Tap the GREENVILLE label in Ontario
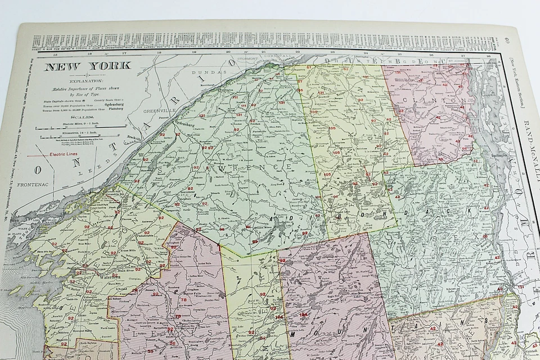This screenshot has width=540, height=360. (x=156, y=111)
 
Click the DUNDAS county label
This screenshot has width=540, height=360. (x=204, y=73)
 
